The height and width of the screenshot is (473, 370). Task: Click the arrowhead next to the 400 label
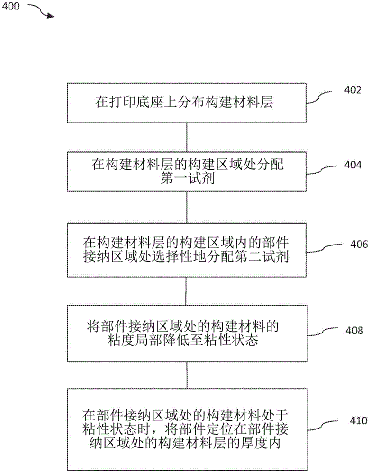coord(49,16)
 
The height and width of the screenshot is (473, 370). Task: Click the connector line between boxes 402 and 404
coord(187,138)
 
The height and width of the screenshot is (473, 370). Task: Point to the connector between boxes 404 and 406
coord(187,208)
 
